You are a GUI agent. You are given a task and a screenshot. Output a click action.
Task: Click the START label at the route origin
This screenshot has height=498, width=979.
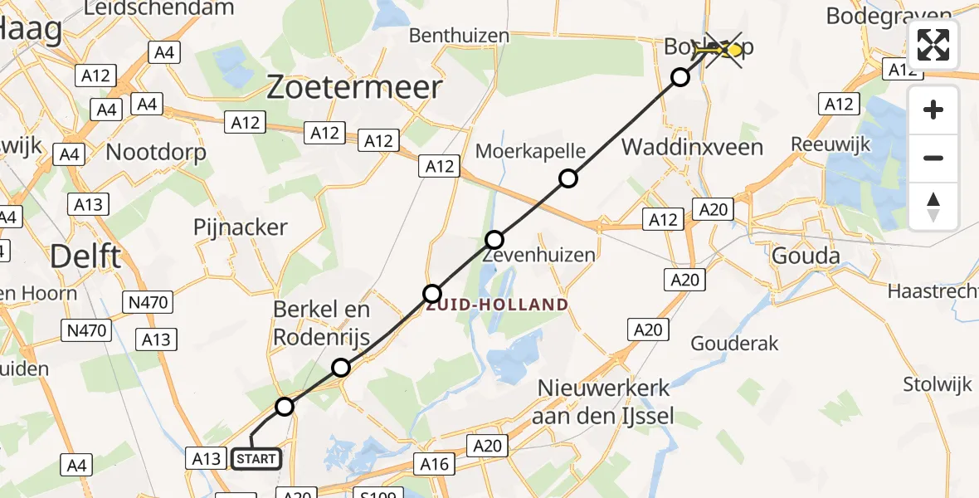coord(256,458)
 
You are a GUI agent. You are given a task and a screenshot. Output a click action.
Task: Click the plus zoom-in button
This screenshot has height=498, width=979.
coord(933,110)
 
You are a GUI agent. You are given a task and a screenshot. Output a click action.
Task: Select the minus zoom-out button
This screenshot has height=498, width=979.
coord(933,158)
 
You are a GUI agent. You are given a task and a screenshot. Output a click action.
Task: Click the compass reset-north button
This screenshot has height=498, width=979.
coord(933,207)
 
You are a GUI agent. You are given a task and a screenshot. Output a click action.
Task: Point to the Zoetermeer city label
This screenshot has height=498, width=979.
coord(354,86)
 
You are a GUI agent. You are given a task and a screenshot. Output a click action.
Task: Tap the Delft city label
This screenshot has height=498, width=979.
coord(85,256)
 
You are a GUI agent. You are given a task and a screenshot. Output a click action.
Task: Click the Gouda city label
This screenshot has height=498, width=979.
coord(806,256)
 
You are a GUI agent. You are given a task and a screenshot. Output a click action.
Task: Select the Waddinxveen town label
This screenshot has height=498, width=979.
coord(692,148)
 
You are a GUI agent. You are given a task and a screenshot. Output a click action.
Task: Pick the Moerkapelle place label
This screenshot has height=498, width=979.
coord(530,152)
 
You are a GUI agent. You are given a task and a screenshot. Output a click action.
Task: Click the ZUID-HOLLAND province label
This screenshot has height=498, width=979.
coord(498,305)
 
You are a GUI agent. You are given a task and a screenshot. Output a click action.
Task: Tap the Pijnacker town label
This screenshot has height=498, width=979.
coord(240,227)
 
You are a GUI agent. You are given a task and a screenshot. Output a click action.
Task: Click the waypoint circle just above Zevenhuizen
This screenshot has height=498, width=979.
coord(494,241)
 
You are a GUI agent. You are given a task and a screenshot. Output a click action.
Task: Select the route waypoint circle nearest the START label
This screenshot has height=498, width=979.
coord(285,407)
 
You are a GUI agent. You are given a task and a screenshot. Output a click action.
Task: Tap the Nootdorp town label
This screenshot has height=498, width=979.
coord(156,153)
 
